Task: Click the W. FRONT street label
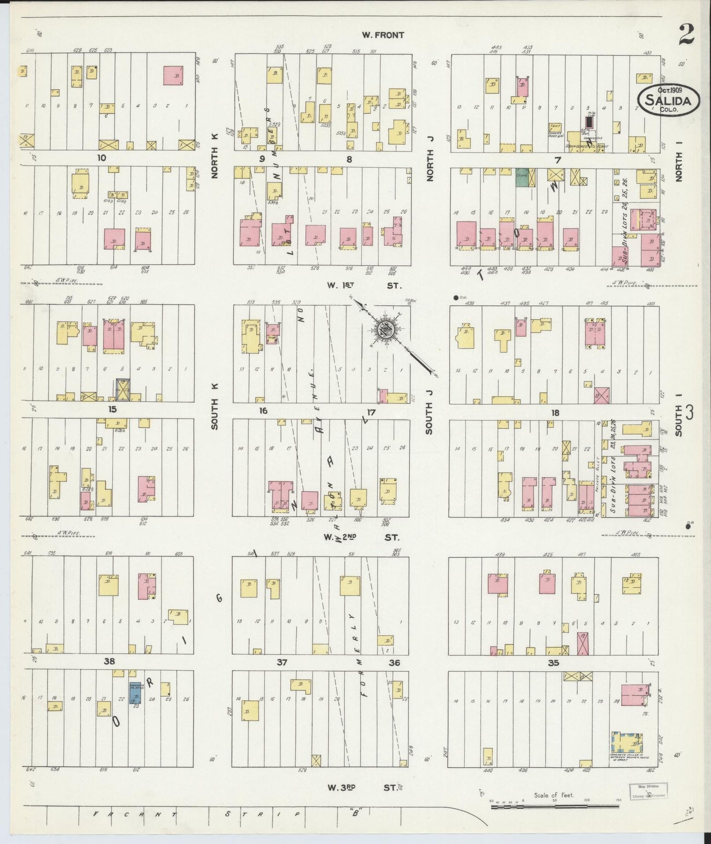tap(383, 35)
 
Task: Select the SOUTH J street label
tap(429, 418)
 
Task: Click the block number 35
tap(554, 663)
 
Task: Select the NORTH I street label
tap(680, 167)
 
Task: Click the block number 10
tap(101, 158)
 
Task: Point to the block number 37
tap(281, 663)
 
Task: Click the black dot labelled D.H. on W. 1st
tap(456, 297)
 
